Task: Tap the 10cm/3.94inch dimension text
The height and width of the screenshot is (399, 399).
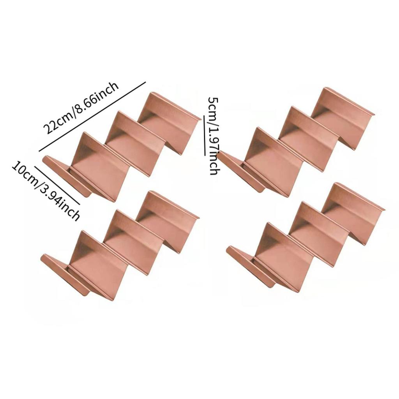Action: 46,191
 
